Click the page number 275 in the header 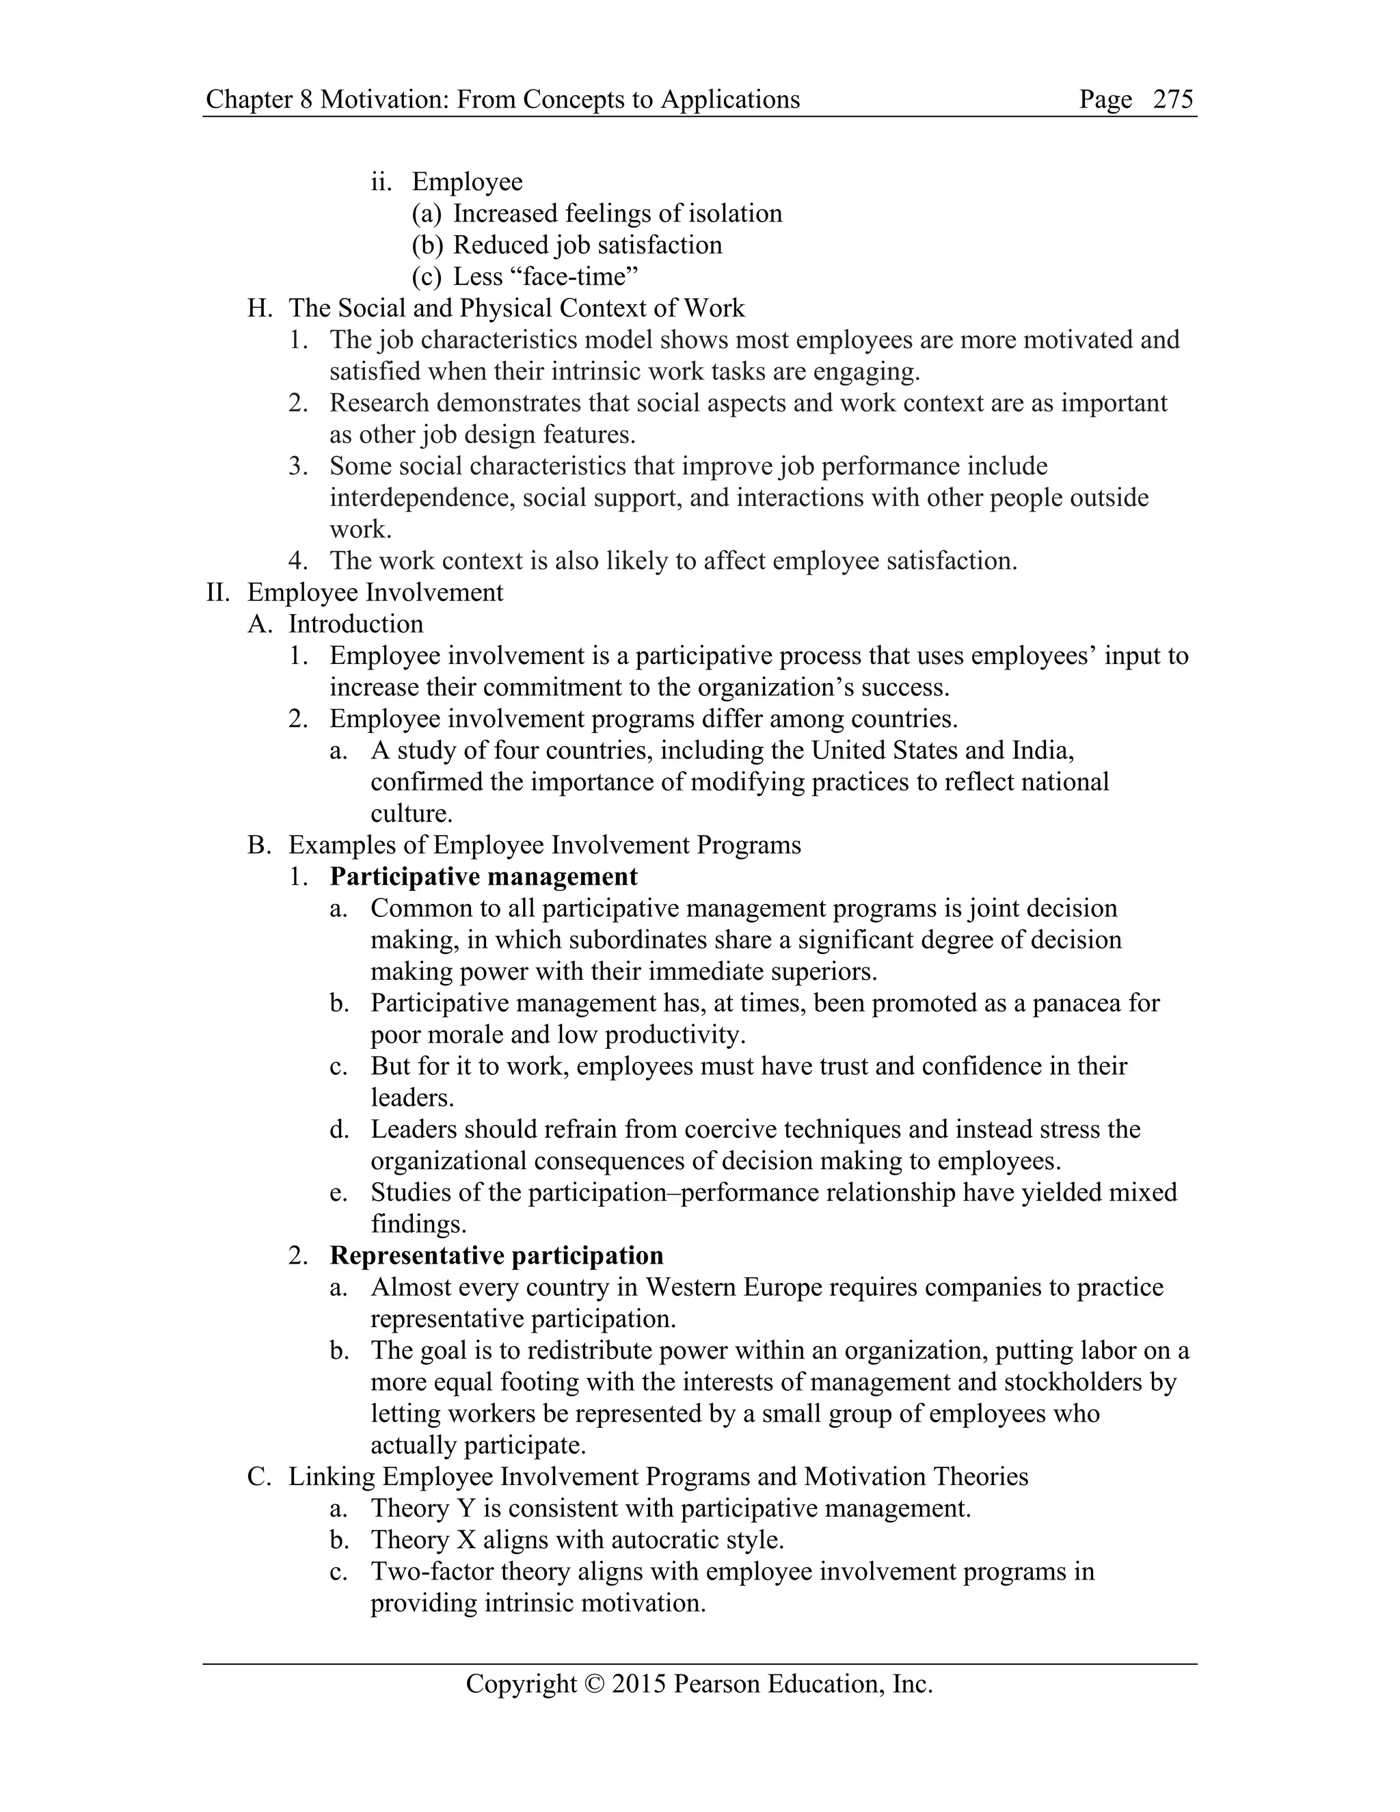tap(1173, 100)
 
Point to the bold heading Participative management tap(483, 877)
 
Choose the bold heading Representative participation tap(496, 1255)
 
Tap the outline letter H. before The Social tap(260, 308)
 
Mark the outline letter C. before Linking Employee tap(260, 1476)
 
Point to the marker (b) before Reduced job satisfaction tap(427, 245)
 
